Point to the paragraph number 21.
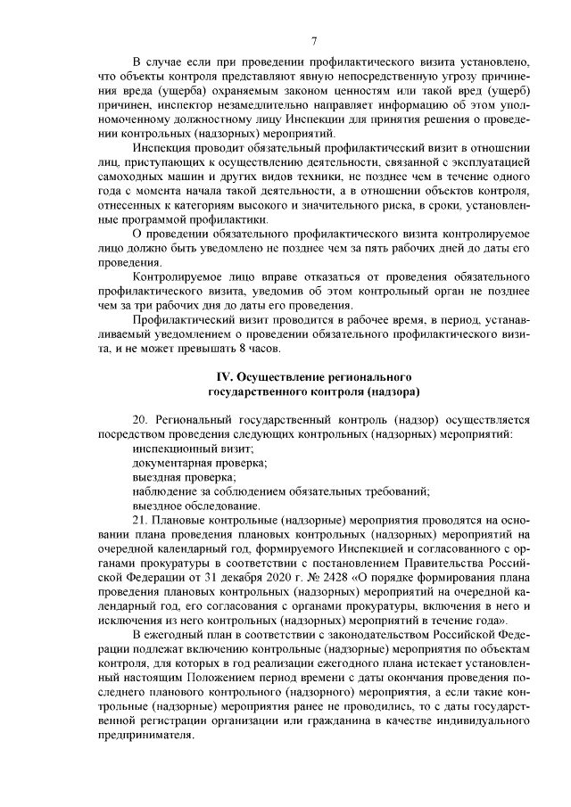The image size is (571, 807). point(139,520)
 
